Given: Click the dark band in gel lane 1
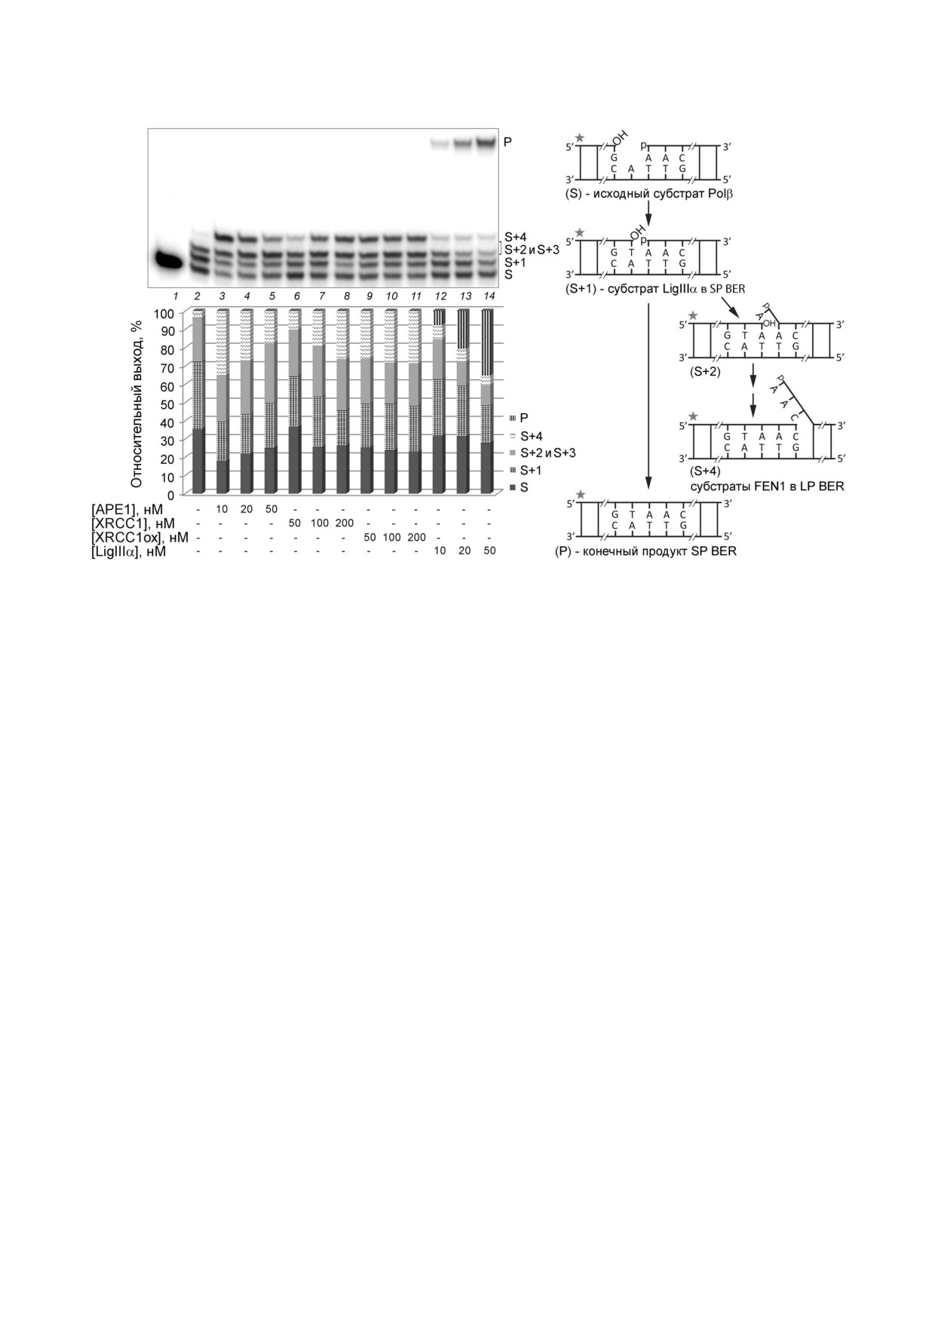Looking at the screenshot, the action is point(169,261).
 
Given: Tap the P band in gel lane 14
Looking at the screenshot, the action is point(489,140).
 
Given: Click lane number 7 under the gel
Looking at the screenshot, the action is point(321,296).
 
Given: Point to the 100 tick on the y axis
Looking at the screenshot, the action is point(166,313).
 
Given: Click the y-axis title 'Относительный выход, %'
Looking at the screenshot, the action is point(136,404).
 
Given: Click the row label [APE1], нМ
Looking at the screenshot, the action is point(127,509).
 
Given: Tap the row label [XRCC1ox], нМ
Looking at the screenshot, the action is point(140,538).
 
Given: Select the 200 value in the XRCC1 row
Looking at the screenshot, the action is point(345,523).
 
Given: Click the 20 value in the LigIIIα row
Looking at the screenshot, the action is point(464,551).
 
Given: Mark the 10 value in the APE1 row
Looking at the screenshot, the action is point(222,509).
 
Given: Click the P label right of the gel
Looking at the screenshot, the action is point(507,141).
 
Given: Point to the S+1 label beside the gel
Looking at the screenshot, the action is point(516,262).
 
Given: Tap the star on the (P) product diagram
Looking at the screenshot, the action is point(579,493).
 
